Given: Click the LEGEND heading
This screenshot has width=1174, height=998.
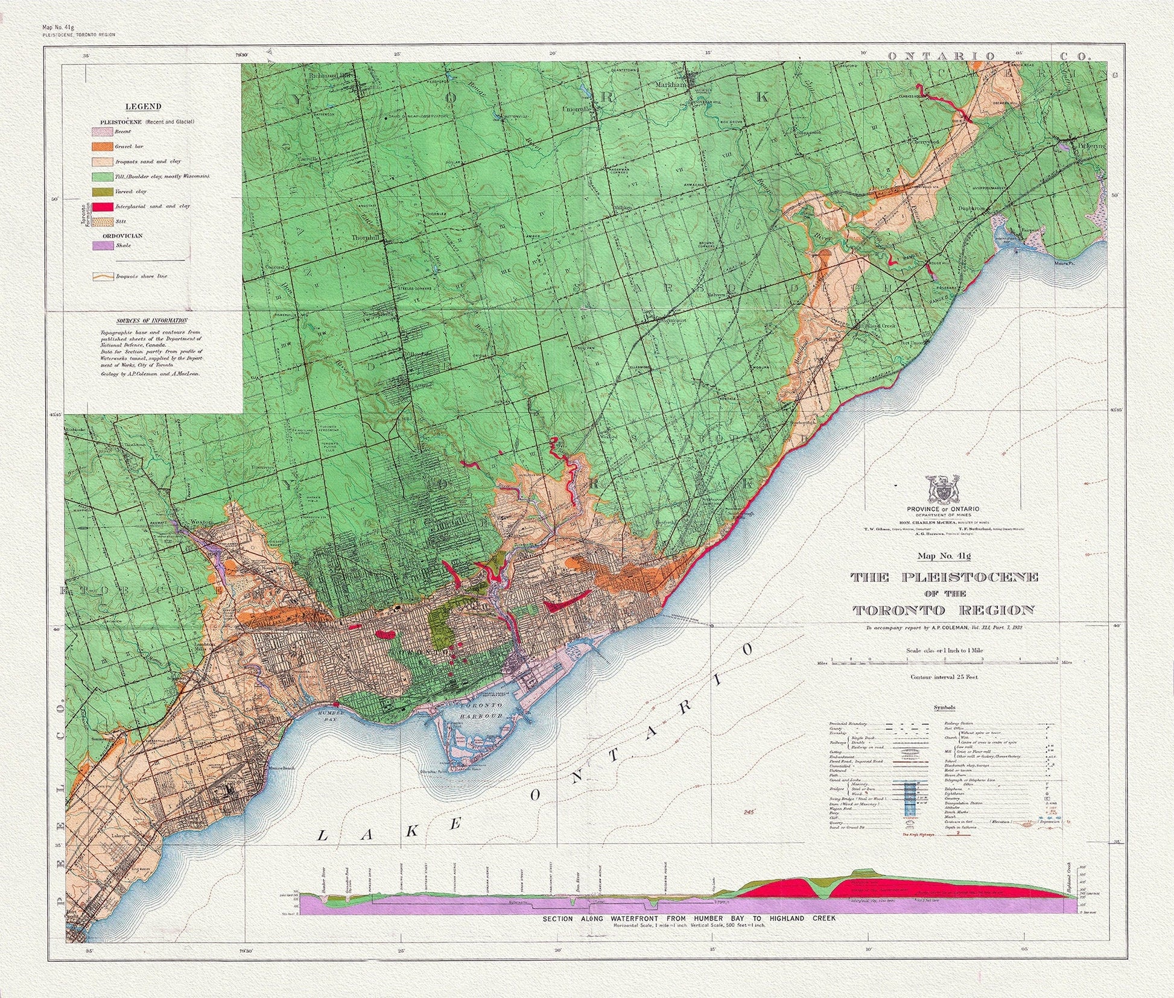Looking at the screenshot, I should click(143, 107).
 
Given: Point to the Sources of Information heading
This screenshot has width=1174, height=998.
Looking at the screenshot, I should click(151, 321).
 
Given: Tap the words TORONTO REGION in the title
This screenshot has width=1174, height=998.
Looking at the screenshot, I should click(944, 610).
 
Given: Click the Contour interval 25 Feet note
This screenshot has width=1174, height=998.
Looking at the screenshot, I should click(945, 677).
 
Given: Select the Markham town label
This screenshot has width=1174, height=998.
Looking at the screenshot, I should click(671, 86).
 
